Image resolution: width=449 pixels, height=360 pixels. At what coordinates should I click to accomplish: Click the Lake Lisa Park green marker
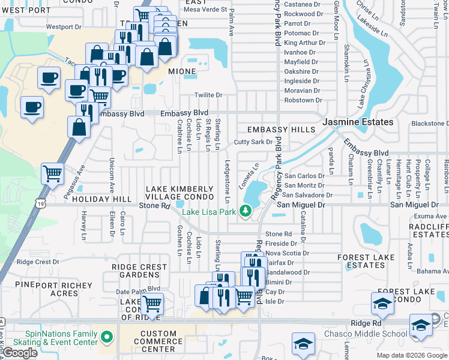pyautogui.click(x=245, y=211)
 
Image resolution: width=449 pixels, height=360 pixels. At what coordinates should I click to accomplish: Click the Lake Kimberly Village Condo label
pyautogui.click(x=179, y=193)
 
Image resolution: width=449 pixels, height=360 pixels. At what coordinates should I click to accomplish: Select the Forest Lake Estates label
pyautogui.click(x=361, y=261)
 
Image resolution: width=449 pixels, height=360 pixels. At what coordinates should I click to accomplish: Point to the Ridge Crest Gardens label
pyautogui.click(x=139, y=271)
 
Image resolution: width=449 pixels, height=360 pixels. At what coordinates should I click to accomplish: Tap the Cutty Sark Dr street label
pyautogui.click(x=253, y=142)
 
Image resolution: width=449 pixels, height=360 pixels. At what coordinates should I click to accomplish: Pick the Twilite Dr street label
pyautogui.click(x=208, y=95)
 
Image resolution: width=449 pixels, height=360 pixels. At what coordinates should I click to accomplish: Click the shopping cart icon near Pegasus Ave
pyautogui.click(x=53, y=173)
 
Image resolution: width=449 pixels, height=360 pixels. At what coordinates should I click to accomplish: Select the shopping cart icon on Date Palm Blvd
pyautogui.click(x=152, y=303)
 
